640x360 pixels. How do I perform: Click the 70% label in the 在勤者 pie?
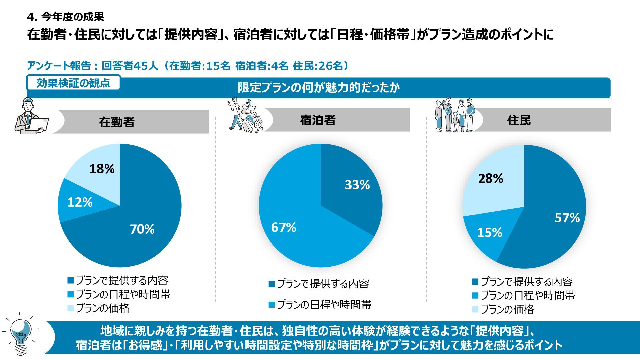point(142,229)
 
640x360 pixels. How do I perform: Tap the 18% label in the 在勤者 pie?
point(102,169)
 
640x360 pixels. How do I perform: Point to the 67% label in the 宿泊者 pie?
point(284,227)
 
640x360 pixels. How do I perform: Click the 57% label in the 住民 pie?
point(567,218)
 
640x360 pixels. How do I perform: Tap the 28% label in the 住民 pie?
point(490,179)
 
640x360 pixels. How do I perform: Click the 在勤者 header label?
point(117,122)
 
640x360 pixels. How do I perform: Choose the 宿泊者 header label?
point(318,120)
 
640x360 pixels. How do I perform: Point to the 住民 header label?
point(519,120)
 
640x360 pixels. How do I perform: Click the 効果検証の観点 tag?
point(73,83)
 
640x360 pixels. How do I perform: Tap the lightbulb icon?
point(21,334)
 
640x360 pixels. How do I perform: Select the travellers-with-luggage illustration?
point(245,115)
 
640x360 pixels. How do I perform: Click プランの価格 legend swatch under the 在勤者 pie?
point(70,308)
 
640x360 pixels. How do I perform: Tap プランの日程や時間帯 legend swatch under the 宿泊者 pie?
point(272,305)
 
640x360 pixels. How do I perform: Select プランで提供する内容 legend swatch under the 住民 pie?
point(475,282)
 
